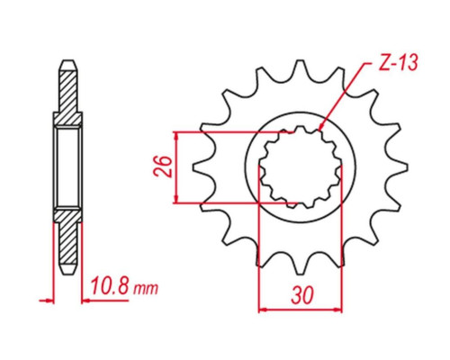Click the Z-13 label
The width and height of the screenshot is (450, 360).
(x=398, y=63)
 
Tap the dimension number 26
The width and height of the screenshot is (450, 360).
(x=163, y=166)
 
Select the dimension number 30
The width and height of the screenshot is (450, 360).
(x=302, y=295)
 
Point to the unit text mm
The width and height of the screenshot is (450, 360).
(x=146, y=288)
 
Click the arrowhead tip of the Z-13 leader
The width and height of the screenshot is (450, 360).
(x=319, y=131)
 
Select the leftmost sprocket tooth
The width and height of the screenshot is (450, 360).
(x=201, y=167)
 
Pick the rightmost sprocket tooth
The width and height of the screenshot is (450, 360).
(x=399, y=167)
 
